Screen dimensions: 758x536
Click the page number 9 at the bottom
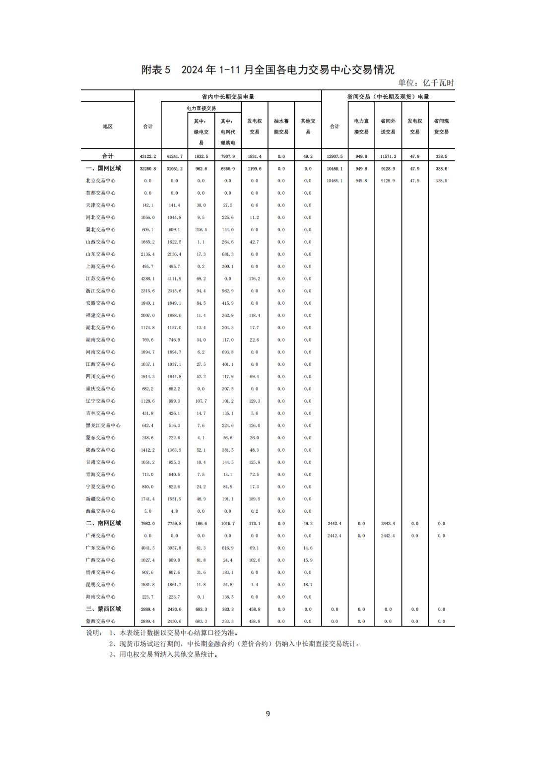tap(268, 714)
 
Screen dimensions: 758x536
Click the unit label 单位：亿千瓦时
tap(426, 83)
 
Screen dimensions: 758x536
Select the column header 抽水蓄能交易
tap(281, 126)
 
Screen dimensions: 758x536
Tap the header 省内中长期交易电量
tap(228, 97)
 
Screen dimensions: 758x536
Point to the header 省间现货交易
tap(441, 126)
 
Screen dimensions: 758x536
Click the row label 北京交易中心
tap(100, 181)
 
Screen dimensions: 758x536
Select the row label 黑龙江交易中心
tap(103, 425)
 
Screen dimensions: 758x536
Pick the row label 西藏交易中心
tap(100, 511)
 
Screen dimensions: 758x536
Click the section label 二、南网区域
tap(103, 523)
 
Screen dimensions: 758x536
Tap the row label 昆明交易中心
tap(100, 584)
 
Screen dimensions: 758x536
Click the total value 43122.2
tap(148, 156)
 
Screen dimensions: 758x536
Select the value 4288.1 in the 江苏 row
tap(148, 278)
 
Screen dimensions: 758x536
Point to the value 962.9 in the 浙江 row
tap(227, 291)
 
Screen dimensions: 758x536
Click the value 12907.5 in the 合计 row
tap(335, 156)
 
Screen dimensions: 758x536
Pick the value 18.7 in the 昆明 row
tap(308, 584)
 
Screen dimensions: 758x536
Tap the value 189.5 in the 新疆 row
tap(254, 499)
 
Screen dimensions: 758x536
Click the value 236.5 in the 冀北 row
tap(201, 230)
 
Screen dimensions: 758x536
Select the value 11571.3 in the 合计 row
tap(388, 156)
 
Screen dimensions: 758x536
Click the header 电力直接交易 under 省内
tap(201, 108)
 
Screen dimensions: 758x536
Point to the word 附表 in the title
tap(152, 70)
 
